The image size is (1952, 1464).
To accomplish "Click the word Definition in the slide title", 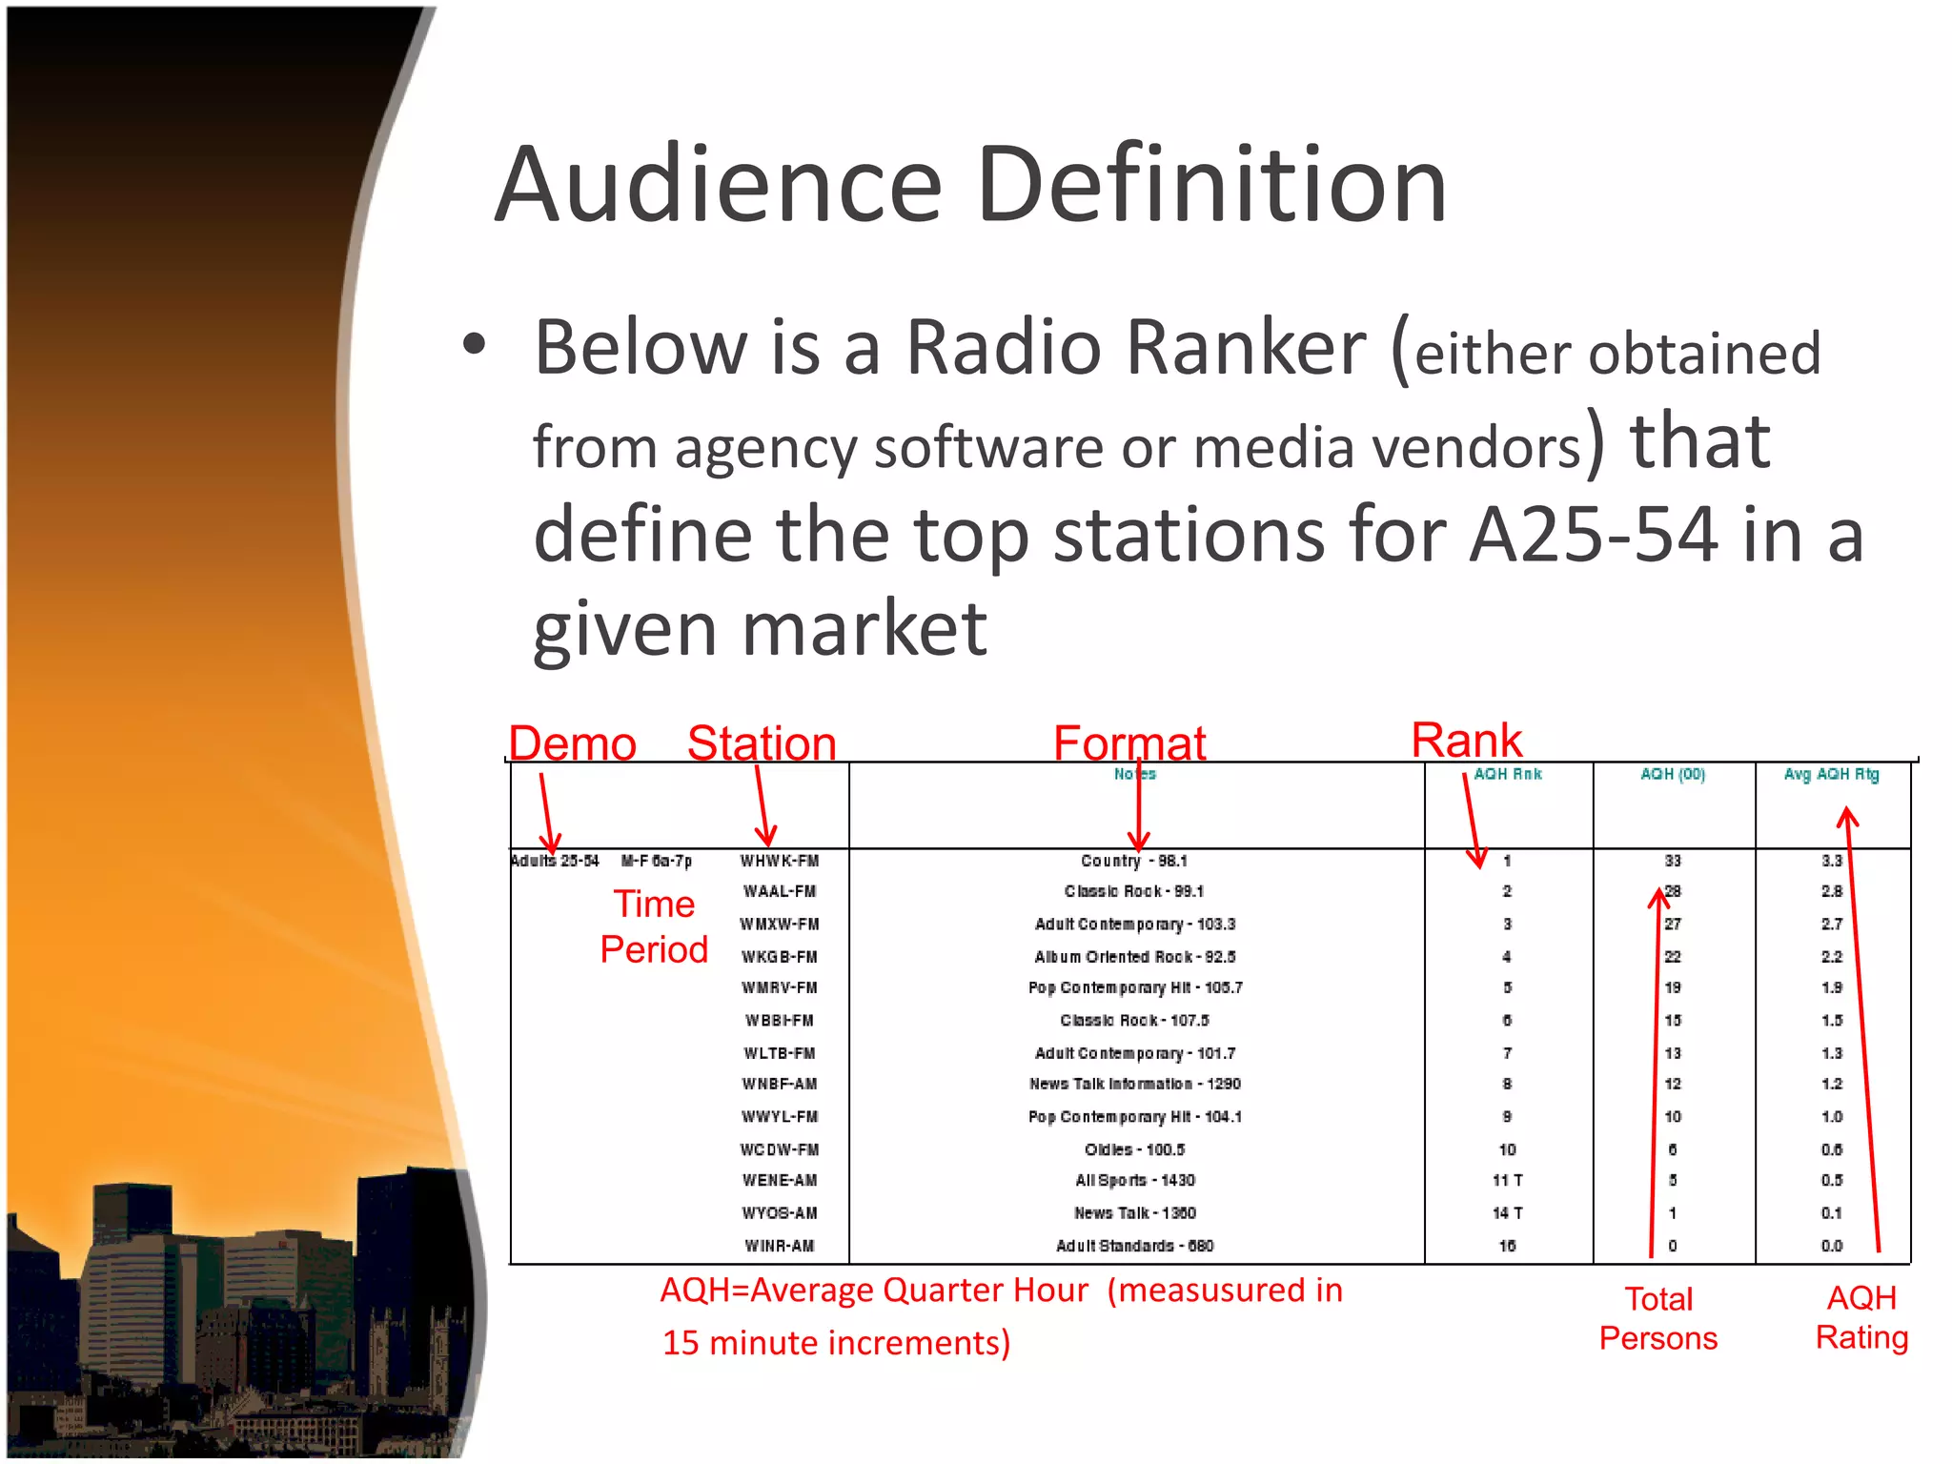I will [x=1211, y=185].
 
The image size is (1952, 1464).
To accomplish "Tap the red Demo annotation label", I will [x=572, y=743].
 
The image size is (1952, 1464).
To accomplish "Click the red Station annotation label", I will [x=762, y=743].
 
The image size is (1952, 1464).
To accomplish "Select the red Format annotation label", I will [x=1129, y=743].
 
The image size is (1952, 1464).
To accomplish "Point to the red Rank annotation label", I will [x=1466, y=740].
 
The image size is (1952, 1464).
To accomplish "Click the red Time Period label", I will [x=654, y=926].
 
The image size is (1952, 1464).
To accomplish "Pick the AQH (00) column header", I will [x=1673, y=774].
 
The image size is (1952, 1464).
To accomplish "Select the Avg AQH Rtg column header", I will [x=1831, y=774].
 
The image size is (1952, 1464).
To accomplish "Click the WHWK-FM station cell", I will [x=780, y=861].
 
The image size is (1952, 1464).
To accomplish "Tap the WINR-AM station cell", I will [x=780, y=1246].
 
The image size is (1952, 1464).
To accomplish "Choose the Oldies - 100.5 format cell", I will [x=1134, y=1149].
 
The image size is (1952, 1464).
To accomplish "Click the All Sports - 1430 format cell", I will [x=1134, y=1180].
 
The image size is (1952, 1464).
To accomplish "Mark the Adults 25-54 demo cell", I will [x=555, y=861].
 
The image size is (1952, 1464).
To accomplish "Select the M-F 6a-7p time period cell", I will [x=657, y=861].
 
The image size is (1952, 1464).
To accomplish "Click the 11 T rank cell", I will [x=1507, y=1180].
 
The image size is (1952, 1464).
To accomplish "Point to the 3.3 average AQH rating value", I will [x=1831, y=861].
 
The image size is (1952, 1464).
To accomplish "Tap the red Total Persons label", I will [x=1658, y=1318].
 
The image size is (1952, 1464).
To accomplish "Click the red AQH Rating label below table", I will [x=1861, y=1317].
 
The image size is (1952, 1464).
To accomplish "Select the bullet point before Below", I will [x=475, y=345].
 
